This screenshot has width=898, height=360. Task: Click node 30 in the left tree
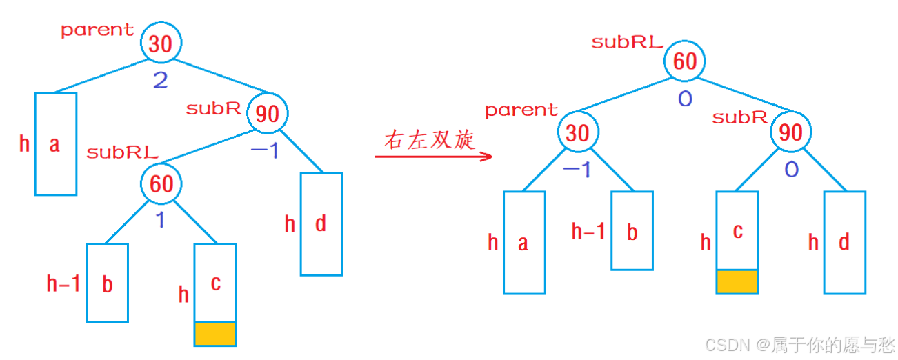pyautogui.click(x=161, y=44)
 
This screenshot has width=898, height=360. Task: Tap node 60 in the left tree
pyautogui.click(x=161, y=184)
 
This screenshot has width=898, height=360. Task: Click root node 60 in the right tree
pyautogui.click(x=684, y=62)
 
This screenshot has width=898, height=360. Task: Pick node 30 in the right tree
pyautogui.click(x=577, y=132)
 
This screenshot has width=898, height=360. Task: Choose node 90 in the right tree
pyautogui.click(x=790, y=132)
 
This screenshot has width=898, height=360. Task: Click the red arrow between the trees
pyautogui.click(x=433, y=157)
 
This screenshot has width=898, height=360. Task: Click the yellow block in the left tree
pyautogui.click(x=215, y=333)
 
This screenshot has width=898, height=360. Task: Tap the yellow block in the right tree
pyautogui.click(x=737, y=281)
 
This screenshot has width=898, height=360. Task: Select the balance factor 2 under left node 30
pyautogui.click(x=161, y=81)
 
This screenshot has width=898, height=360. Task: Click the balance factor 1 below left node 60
pyautogui.click(x=160, y=220)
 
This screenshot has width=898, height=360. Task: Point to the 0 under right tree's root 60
pyautogui.click(x=685, y=99)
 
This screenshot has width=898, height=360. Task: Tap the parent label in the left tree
pyautogui.click(x=97, y=30)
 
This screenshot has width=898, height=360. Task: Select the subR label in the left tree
pyautogui.click(x=213, y=108)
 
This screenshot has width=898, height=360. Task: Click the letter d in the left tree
pyautogui.click(x=320, y=224)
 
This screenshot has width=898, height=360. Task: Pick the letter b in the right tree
pyautogui.click(x=632, y=232)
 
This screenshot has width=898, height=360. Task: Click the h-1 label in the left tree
pyautogui.click(x=63, y=283)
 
